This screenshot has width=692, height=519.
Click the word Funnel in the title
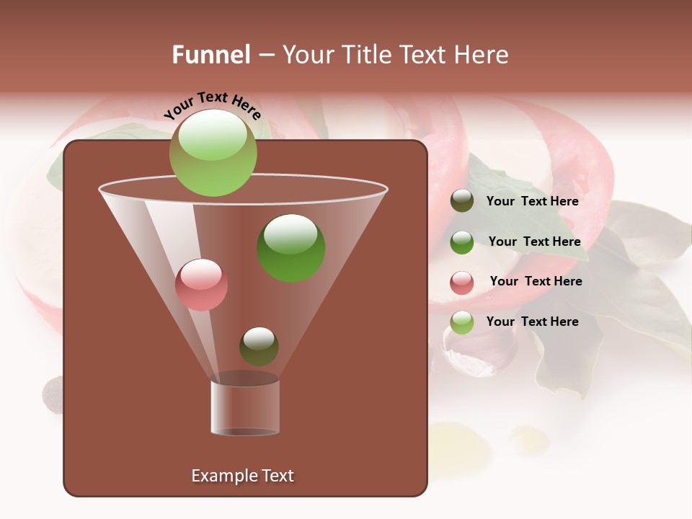[x=210, y=55]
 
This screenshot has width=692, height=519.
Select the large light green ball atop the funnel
[x=213, y=153]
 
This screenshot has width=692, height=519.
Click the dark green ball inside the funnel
[x=290, y=247]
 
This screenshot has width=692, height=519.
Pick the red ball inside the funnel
[x=201, y=285]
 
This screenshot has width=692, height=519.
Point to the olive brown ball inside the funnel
[x=259, y=346]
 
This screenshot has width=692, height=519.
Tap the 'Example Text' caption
[x=242, y=476]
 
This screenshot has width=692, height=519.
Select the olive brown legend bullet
[x=462, y=201]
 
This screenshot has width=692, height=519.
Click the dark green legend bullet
[x=462, y=241]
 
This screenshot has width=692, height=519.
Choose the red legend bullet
[x=462, y=282]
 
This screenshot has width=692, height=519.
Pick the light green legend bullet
[x=462, y=322]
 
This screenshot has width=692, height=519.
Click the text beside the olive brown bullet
[x=532, y=201]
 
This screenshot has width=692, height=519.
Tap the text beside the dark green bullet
[x=534, y=241]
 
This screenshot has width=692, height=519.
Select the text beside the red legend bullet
[x=536, y=281]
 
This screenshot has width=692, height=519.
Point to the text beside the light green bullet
[x=532, y=321]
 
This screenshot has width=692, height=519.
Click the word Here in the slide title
[x=483, y=55]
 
